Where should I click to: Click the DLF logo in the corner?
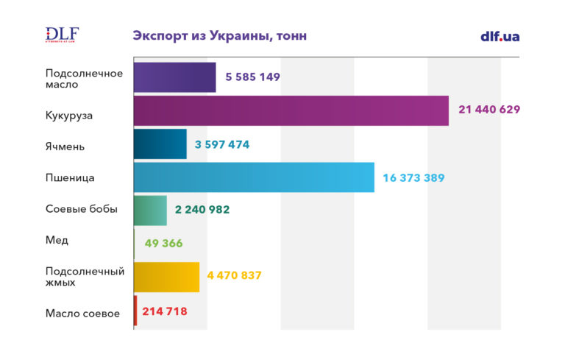(x=62, y=35)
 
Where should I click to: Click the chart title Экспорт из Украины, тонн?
(x=219, y=36)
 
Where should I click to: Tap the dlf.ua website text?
(x=500, y=36)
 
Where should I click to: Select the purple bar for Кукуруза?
(x=291, y=110)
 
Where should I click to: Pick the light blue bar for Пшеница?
(x=254, y=177)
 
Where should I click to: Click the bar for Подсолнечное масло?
(x=174, y=77)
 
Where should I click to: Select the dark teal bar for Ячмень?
(x=160, y=144)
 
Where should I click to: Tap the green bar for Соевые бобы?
(x=150, y=211)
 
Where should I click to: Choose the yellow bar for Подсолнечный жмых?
(x=166, y=277)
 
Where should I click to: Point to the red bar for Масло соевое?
(x=135, y=311)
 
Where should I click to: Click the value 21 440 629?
(x=489, y=110)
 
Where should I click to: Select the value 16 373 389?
(x=413, y=177)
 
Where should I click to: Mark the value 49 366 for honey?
(x=163, y=244)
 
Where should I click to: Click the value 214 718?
(x=165, y=311)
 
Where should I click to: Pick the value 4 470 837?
(x=235, y=276)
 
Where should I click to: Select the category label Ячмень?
(x=65, y=147)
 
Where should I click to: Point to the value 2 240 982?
(x=202, y=210)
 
